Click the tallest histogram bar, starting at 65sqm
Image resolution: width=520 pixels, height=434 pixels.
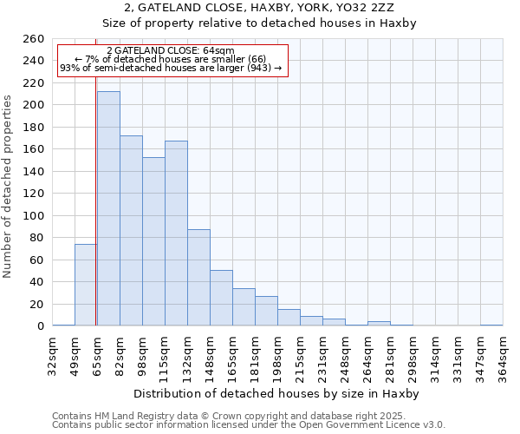(108, 208)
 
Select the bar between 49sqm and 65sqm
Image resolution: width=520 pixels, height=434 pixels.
(86, 285)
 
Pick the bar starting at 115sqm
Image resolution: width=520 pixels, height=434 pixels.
(176, 233)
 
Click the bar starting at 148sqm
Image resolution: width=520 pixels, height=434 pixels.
(221, 298)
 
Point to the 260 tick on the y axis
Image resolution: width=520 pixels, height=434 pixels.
(34, 39)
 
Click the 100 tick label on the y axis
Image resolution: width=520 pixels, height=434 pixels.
(34, 215)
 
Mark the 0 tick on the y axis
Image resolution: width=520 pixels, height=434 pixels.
(40, 326)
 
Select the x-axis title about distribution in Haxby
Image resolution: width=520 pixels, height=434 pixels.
(277, 393)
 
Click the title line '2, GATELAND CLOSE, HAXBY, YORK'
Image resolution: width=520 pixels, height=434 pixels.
(260, 8)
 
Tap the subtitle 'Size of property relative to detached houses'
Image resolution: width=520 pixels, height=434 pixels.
(260, 23)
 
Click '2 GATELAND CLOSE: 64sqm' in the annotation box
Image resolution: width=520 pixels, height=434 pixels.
(171, 51)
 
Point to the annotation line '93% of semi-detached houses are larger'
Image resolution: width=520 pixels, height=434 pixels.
(171, 68)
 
